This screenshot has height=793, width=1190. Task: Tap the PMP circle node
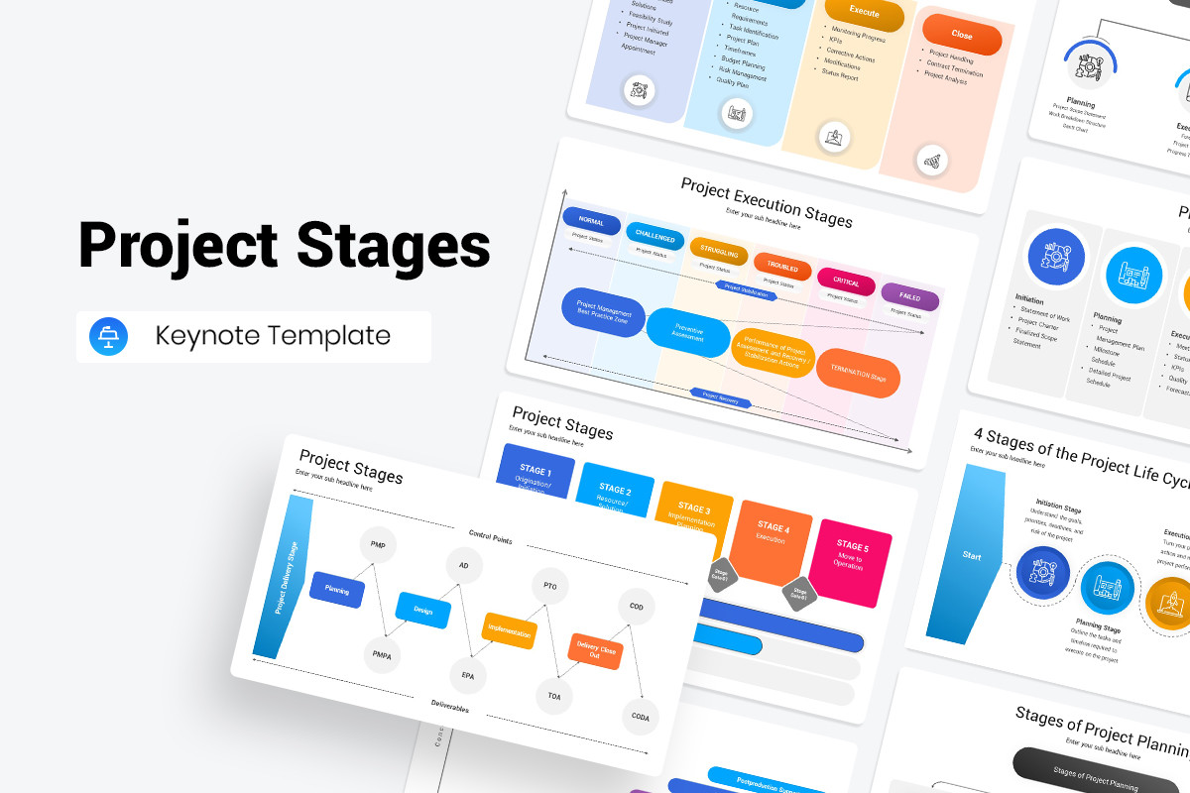click(x=378, y=545)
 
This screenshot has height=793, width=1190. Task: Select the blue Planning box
click(x=337, y=589)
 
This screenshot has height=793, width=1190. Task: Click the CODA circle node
click(x=640, y=717)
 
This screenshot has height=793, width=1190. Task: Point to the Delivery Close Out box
click(x=595, y=650)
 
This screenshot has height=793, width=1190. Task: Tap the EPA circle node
click(x=467, y=675)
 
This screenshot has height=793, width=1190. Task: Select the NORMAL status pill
click(x=591, y=222)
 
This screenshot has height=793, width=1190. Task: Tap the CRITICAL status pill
click(x=846, y=283)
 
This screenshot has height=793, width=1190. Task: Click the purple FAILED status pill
click(x=909, y=296)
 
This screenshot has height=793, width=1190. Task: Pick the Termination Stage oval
click(x=858, y=376)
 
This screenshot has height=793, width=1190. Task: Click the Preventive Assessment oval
click(x=687, y=331)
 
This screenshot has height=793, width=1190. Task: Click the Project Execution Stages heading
click(x=766, y=201)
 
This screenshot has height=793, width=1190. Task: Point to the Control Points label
click(x=490, y=540)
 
